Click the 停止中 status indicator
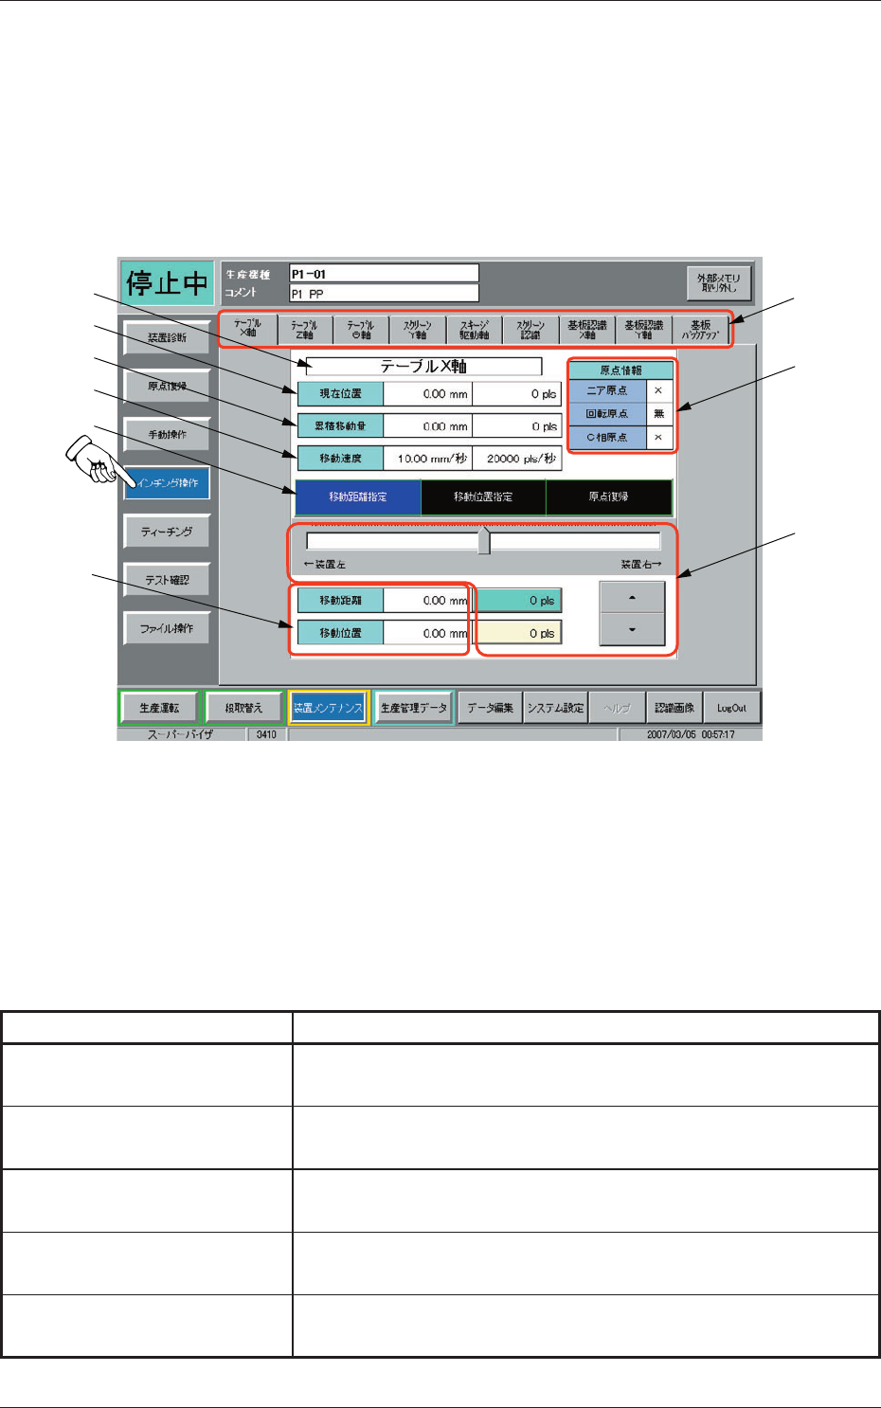tap(167, 283)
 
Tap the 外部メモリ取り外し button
tap(719, 282)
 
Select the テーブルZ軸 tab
tap(304, 329)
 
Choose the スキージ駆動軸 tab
tap(474, 329)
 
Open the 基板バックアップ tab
tap(700, 329)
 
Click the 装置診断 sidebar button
tap(167, 337)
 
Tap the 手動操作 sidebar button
tap(167, 435)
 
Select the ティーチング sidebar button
tap(167, 532)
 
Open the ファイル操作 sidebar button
tap(167, 628)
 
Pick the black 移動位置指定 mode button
tap(483, 496)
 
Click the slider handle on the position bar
tap(484, 541)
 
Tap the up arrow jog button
tap(632, 598)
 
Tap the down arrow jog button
tap(632, 630)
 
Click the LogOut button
tap(731, 708)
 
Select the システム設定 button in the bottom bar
tap(555, 708)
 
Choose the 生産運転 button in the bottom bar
tap(158, 708)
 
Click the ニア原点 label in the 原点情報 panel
tap(607, 390)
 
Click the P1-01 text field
tap(384, 274)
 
